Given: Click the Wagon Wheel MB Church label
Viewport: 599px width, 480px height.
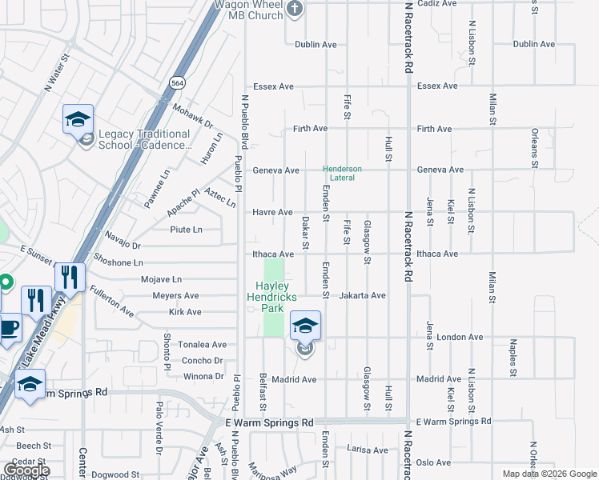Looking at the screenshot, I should point(247,9).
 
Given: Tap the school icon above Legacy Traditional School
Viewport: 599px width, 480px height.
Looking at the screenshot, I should point(78,120).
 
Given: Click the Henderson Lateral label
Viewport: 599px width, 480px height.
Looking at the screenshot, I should point(343,173).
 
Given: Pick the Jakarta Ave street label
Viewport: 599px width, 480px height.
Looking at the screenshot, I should point(363,295).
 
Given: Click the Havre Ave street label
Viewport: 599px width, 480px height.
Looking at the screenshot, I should point(273,212).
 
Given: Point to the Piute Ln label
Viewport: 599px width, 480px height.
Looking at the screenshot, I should point(186,230).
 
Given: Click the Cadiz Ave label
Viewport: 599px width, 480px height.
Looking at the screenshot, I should point(436,4).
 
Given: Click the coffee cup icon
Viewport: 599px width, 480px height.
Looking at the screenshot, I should point(8,328).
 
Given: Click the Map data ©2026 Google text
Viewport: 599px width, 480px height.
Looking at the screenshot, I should point(549,474).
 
